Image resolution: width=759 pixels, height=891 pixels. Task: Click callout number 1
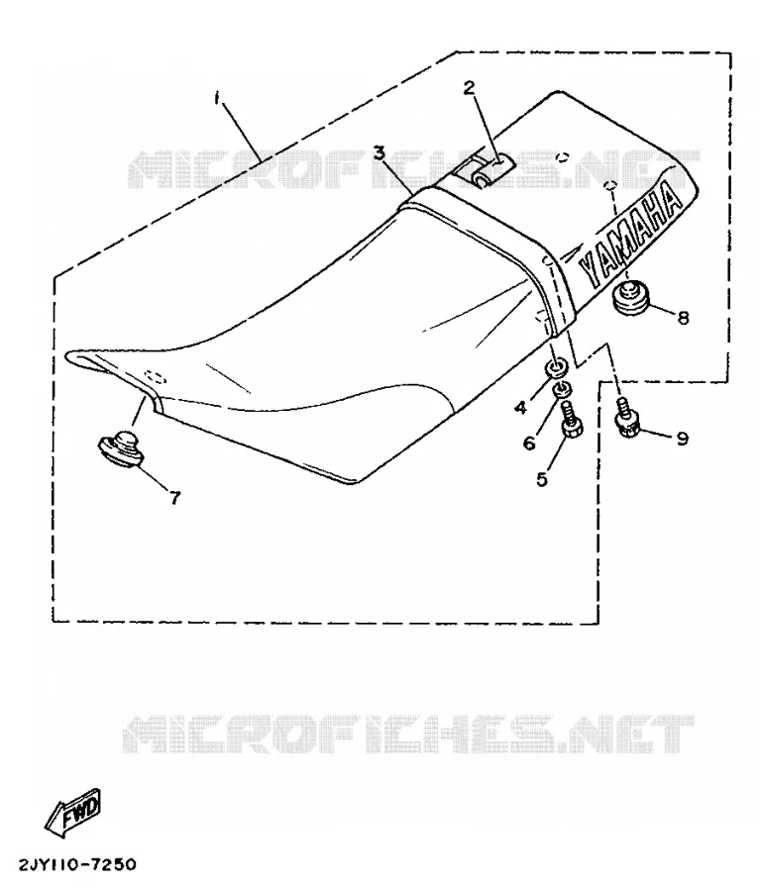pos(217,98)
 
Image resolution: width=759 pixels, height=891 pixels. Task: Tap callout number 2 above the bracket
pos(469,87)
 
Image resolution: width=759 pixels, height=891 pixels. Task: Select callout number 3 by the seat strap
pos(379,152)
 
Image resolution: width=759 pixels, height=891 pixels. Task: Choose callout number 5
pos(542,479)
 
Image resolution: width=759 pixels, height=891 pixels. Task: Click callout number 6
pos(529,443)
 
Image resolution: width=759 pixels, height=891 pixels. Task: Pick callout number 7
pos(175,498)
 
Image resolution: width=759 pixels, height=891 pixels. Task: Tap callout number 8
pos(683,317)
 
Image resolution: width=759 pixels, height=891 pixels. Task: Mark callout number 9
pos(682,439)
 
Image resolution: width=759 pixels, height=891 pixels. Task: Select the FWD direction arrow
pos(72,813)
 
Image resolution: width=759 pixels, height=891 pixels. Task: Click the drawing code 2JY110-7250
pos(77,865)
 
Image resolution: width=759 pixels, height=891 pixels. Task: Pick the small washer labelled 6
pos(562,389)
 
